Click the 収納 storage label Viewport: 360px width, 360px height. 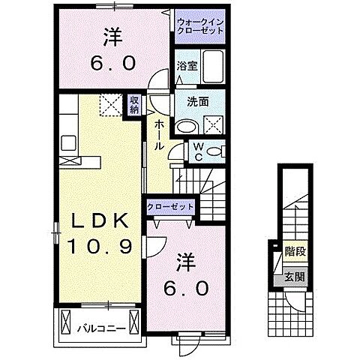pyautogui.click(x=133, y=106)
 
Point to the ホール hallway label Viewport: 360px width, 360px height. pyautogui.click(x=159, y=135)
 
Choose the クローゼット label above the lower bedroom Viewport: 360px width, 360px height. pyautogui.click(x=170, y=207)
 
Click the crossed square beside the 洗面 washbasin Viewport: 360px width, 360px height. pyautogui.click(x=213, y=125)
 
